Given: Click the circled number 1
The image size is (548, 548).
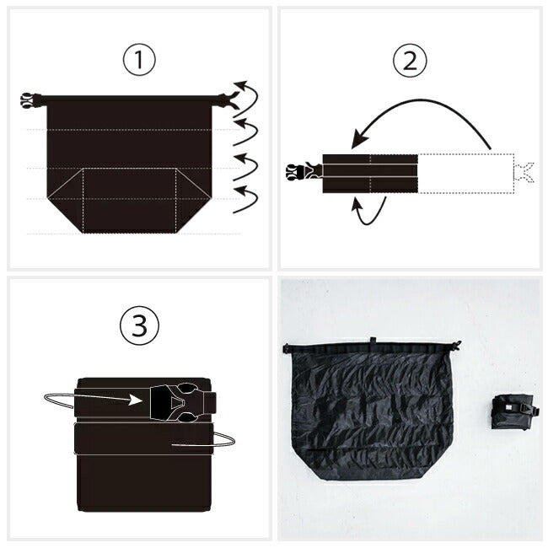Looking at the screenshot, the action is click(139, 59).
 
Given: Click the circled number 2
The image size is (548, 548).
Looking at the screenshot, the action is click(410, 61).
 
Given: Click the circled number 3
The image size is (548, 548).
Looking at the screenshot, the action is click(139, 325).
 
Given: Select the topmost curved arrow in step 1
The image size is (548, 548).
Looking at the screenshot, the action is click(246, 99).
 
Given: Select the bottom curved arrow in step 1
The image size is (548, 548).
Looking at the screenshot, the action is click(246, 200).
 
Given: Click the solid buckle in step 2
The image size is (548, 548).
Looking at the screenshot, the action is click(304, 171).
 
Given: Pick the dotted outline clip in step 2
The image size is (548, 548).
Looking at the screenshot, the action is click(524, 172).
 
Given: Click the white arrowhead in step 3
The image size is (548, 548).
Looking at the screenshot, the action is click(135, 400).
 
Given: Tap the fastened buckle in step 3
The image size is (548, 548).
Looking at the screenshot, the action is click(183, 402).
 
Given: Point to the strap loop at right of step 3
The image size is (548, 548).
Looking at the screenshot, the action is click(223, 438).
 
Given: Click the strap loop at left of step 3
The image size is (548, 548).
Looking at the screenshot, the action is click(59, 400).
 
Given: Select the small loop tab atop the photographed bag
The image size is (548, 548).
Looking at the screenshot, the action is click(373, 341).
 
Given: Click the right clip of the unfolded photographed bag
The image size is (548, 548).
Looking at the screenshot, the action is click(456, 345).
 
